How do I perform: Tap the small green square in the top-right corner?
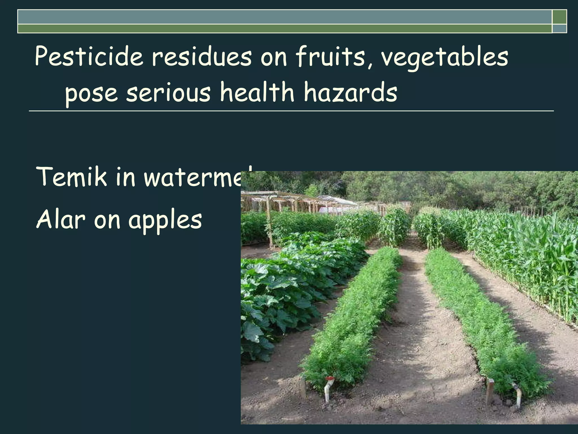559,17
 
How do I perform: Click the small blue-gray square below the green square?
559,29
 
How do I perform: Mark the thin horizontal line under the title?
291,111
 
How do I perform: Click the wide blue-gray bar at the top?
284,17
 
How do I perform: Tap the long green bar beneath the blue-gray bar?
284,29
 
